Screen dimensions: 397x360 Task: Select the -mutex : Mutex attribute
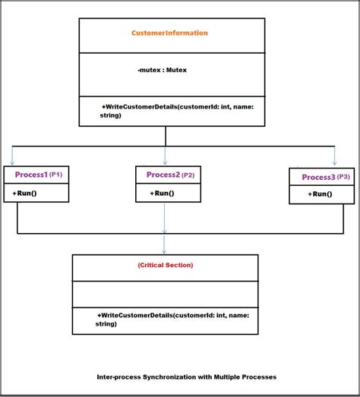pyautogui.click(x=162, y=71)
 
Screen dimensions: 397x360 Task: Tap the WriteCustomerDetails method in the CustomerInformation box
pyautogui.click(x=177, y=111)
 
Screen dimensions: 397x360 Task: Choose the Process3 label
pyautogui.click(x=317, y=177)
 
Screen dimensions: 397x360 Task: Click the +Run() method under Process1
pyautogui.click(x=25, y=194)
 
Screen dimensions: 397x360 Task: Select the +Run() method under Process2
pyautogui.click(x=161, y=193)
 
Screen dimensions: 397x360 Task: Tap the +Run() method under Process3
pyautogui.click(x=320, y=194)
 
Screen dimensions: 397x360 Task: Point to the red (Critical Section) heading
pyautogui.click(x=166, y=266)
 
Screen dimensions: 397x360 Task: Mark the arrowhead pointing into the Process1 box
pyautogui.click(x=11, y=162)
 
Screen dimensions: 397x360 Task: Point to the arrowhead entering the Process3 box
pyautogui.click(x=334, y=162)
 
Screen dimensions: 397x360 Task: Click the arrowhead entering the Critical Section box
pyautogui.click(x=165, y=250)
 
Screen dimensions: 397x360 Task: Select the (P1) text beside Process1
pyautogui.click(x=56, y=175)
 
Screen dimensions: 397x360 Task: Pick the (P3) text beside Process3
pyautogui.click(x=344, y=177)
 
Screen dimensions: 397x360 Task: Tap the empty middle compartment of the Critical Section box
pyautogui.click(x=165, y=293)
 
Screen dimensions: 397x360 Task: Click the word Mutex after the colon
pyautogui.click(x=176, y=71)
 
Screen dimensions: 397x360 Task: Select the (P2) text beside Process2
pyautogui.click(x=188, y=175)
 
